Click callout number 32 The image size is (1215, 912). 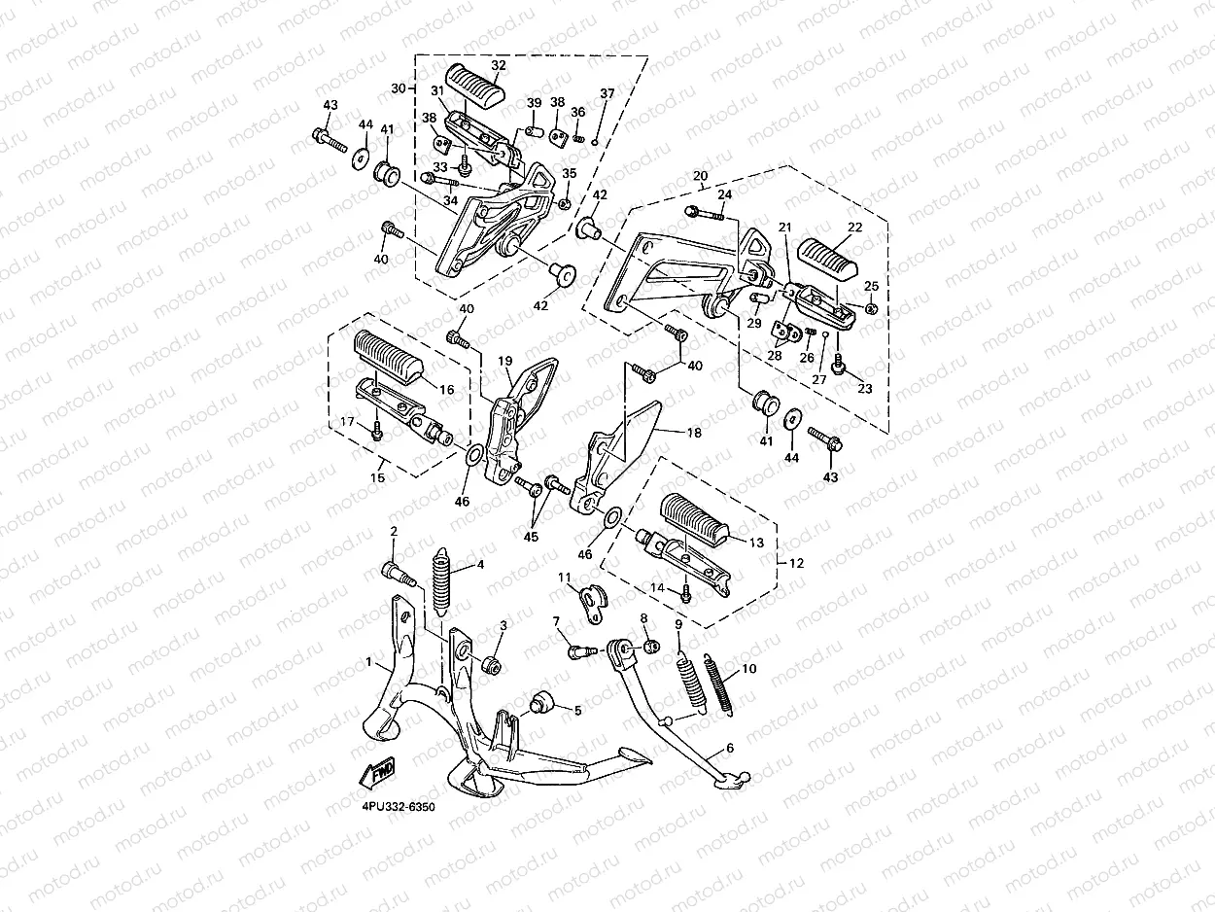click(x=499, y=65)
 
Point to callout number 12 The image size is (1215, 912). click(x=796, y=563)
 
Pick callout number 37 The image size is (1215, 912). click(x=607, y=93)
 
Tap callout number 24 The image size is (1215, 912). click(x=724, y=194)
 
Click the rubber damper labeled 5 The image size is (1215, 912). click(x=539, y=702)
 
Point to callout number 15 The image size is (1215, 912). click(x=377, y=476)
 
